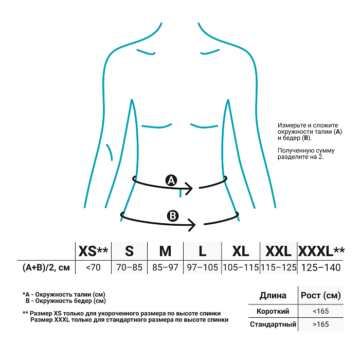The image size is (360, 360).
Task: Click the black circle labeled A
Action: pyautogui.click(x=171, y=180)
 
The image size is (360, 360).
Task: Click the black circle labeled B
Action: pyautogui.click(x=173, y=216)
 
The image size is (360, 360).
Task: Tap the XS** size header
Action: pyautogui.click(x=93, y=251)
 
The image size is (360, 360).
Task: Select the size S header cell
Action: pyautogui.click(x=130, y=251)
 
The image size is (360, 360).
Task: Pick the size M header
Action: pyautogui.click(x=165, y=251)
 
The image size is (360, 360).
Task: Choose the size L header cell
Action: pyautogui.click(x=203, y=251)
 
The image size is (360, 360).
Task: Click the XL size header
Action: pyautogui.click(x=240, y=251)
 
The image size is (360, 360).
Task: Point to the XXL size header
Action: pyautogui.click(x=278, y=251)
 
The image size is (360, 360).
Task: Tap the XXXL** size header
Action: pyautogui.click(x=321, y=251)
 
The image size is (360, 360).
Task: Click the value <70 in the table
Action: pyautogui.click(x=93, y=267)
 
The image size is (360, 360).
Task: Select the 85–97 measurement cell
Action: pyautogui.click(x=165, y=267)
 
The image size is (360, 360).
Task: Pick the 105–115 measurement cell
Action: pyautogui.click(x=240, y=267)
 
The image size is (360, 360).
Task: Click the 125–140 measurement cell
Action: pyautogui.click(x=321, y=267)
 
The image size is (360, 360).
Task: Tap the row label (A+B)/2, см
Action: pyautogui.click(x=46, y=267)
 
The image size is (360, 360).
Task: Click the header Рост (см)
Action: pyautogui.click(x=321, y=296)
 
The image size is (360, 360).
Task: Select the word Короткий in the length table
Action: pyautogui.click(x=273, y=311)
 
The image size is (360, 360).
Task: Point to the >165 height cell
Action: pyautogui.click(x=320, y=325)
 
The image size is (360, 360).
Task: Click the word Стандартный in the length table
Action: pyautogui.click(x=273, y=325)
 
